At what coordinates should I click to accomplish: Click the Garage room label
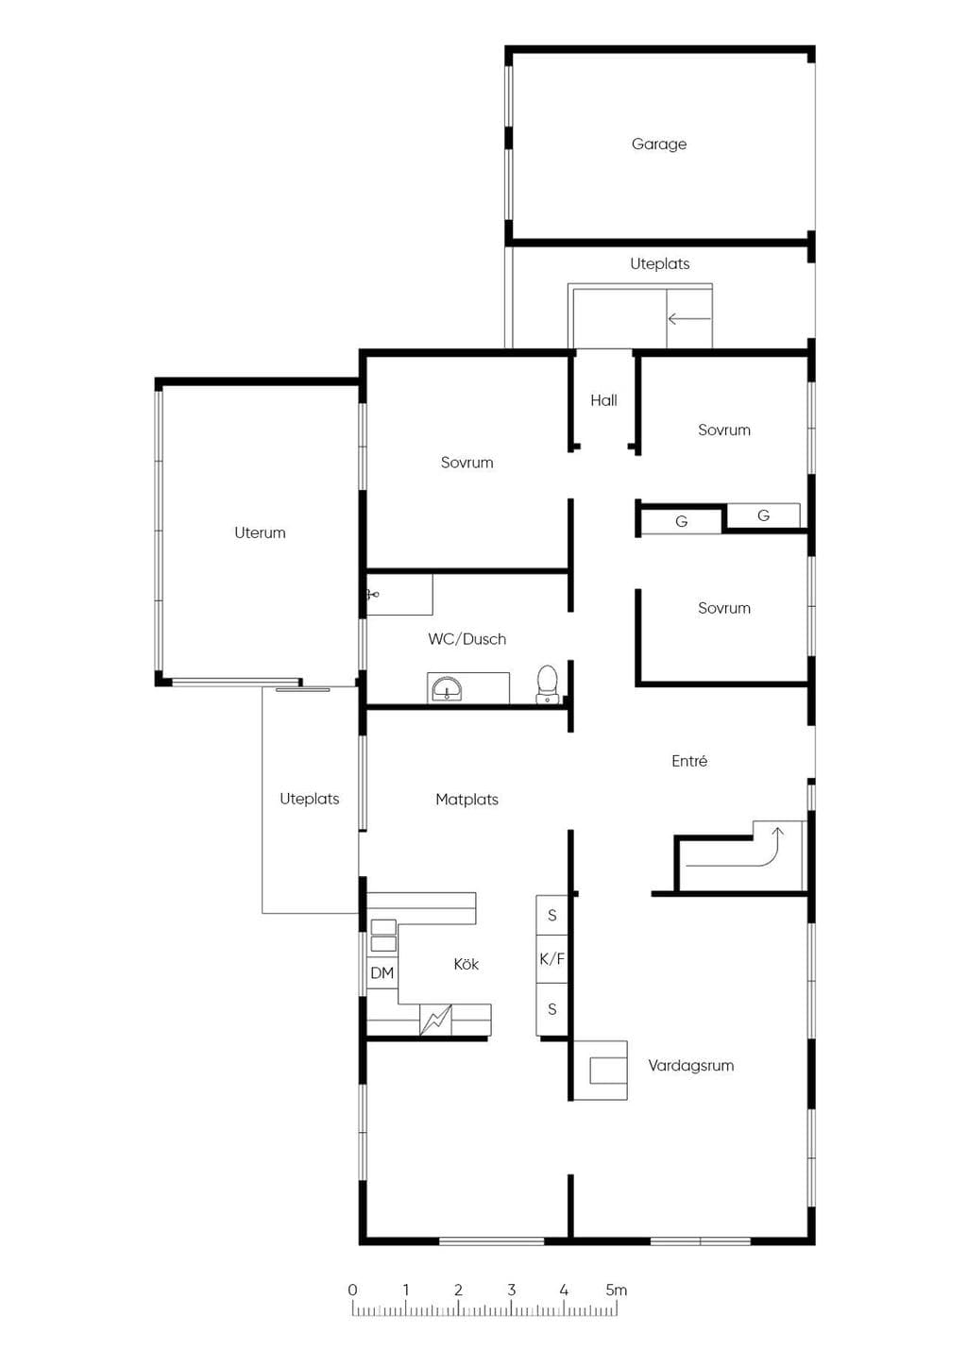pos(659,144)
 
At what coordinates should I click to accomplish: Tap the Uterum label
pos(260,532)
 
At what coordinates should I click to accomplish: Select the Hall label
pos(603,400)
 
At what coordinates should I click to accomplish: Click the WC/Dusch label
pos(467,639)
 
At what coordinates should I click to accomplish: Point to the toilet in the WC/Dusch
pos(547,684)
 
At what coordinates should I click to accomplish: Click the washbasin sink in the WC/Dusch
pos(447,689)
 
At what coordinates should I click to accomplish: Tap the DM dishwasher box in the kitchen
pos(382,972)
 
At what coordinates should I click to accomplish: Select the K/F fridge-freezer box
pos(551,959)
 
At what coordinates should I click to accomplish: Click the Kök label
pos(467,964)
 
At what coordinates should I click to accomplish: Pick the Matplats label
pos(467,800)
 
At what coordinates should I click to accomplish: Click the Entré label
pos(689,761)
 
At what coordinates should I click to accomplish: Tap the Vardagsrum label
pos(691,1066)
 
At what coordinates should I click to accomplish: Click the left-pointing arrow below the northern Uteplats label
pos(689,318)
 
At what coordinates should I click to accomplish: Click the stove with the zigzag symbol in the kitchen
pos(436,1020)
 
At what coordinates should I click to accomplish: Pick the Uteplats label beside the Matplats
pos(310,799)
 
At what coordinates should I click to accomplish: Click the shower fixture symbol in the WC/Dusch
pos(373,594)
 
